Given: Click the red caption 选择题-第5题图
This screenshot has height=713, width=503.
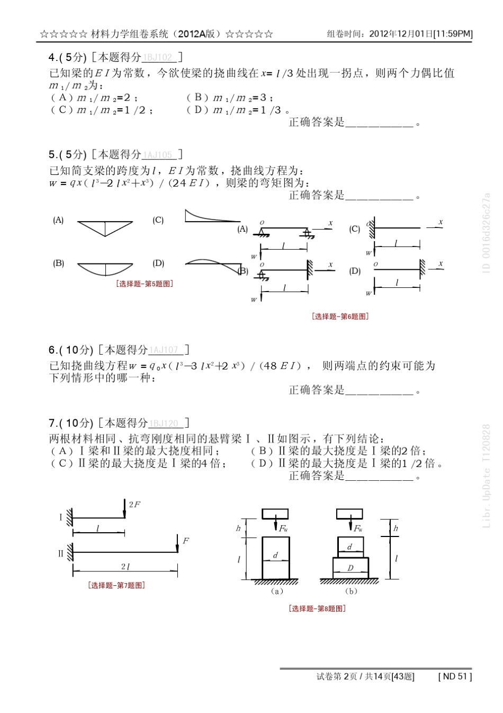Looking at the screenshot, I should coord(145,284).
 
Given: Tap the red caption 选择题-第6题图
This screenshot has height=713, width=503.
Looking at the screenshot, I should coord(340,316).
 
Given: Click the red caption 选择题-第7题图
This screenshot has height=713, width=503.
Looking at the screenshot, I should coord(116,585).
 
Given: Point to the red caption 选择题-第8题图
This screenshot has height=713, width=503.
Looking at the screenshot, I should coord(317,609).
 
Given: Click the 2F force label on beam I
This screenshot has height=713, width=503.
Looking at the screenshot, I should coord(134,504).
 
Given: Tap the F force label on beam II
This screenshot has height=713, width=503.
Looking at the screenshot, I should coord(185,541).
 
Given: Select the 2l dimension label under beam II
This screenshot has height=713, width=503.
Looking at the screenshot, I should coord(125,567).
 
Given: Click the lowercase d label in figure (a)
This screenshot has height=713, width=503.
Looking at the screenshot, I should coord(275,555).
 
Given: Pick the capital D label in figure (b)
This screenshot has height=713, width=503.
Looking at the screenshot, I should coord(350,568).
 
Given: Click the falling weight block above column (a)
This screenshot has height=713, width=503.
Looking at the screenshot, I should coord(275,514).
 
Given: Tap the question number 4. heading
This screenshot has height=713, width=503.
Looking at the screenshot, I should coord(52,57).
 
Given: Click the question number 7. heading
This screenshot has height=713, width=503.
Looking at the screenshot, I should coord(52,423).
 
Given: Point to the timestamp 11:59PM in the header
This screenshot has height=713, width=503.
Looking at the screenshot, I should coord(453,34).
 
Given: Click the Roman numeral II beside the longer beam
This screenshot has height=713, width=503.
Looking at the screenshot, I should coord(60,553).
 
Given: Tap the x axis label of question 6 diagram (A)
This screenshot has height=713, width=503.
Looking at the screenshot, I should coord(330,223).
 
